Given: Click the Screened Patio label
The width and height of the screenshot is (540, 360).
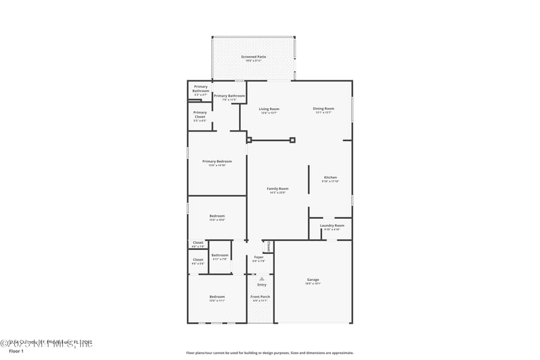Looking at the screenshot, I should [x=253, y=57].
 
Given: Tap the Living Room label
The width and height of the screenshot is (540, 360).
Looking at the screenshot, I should [x=269, y=109].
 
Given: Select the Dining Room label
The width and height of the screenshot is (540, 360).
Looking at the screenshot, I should [x=323, y=109].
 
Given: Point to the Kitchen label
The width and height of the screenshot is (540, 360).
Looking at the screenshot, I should [x=330, y=178].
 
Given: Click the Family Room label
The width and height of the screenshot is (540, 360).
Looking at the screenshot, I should [x=277, y=188].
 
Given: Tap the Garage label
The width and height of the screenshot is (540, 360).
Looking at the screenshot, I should [x=313, y=280].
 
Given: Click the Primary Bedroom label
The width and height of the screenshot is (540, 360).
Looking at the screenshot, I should [x=217, y=161].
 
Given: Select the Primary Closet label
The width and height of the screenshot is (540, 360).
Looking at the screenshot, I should [x=200, y=115].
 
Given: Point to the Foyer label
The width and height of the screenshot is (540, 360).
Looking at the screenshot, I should [x=259, y=257].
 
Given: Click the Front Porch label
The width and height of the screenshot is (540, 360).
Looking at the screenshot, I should [x=261, y=297].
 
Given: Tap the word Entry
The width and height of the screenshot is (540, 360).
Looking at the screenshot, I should [x=262, y=284].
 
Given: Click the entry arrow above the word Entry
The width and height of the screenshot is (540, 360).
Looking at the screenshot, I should [x=262, y=278].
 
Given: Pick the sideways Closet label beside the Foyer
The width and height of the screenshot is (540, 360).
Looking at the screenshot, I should [x=269, y=246].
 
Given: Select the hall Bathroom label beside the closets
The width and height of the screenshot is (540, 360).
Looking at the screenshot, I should [x=220, y=255].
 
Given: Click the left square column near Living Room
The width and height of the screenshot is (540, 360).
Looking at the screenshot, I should [x=248, y=140].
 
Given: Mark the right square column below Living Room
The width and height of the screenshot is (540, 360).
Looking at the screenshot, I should [x=292, y=140].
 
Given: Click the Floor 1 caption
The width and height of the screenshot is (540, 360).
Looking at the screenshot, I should [x=16, y=351].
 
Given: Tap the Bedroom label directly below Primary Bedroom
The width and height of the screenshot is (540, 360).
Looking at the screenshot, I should [x=217, y=216].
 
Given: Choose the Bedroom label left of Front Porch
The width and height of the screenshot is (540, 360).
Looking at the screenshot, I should [x=217, y=297].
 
